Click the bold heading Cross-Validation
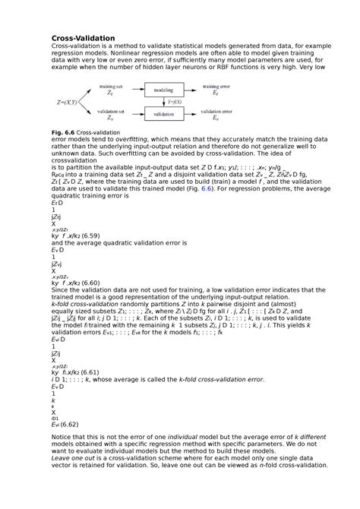point(83,38)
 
